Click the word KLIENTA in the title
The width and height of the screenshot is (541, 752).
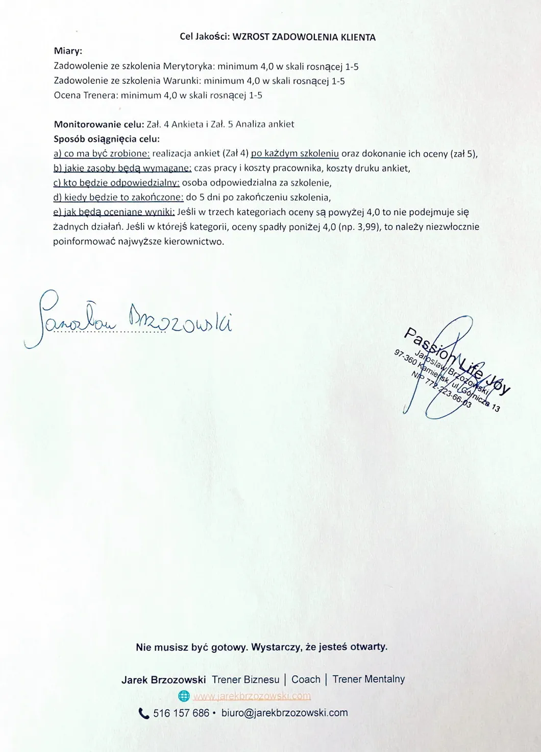coord(356,37)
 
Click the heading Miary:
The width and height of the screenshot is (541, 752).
coord(68,51)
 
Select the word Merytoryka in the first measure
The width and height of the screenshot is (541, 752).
coord(189,66)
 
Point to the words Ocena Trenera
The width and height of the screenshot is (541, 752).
coord(85,95)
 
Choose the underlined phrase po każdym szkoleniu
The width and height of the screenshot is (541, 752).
coord(295,153)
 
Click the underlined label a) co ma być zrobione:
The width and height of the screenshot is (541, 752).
coord(102,154)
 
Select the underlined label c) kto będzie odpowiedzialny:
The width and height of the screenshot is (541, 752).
coord(116,182)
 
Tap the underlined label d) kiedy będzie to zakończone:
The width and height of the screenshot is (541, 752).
coord(118,197)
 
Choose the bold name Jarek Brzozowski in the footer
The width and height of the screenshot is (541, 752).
coord(164,679)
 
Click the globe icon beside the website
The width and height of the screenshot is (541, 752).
coord(184,696)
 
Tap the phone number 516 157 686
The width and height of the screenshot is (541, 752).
coord(181,713)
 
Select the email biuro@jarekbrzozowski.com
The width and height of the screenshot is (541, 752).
coord(284,713)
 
